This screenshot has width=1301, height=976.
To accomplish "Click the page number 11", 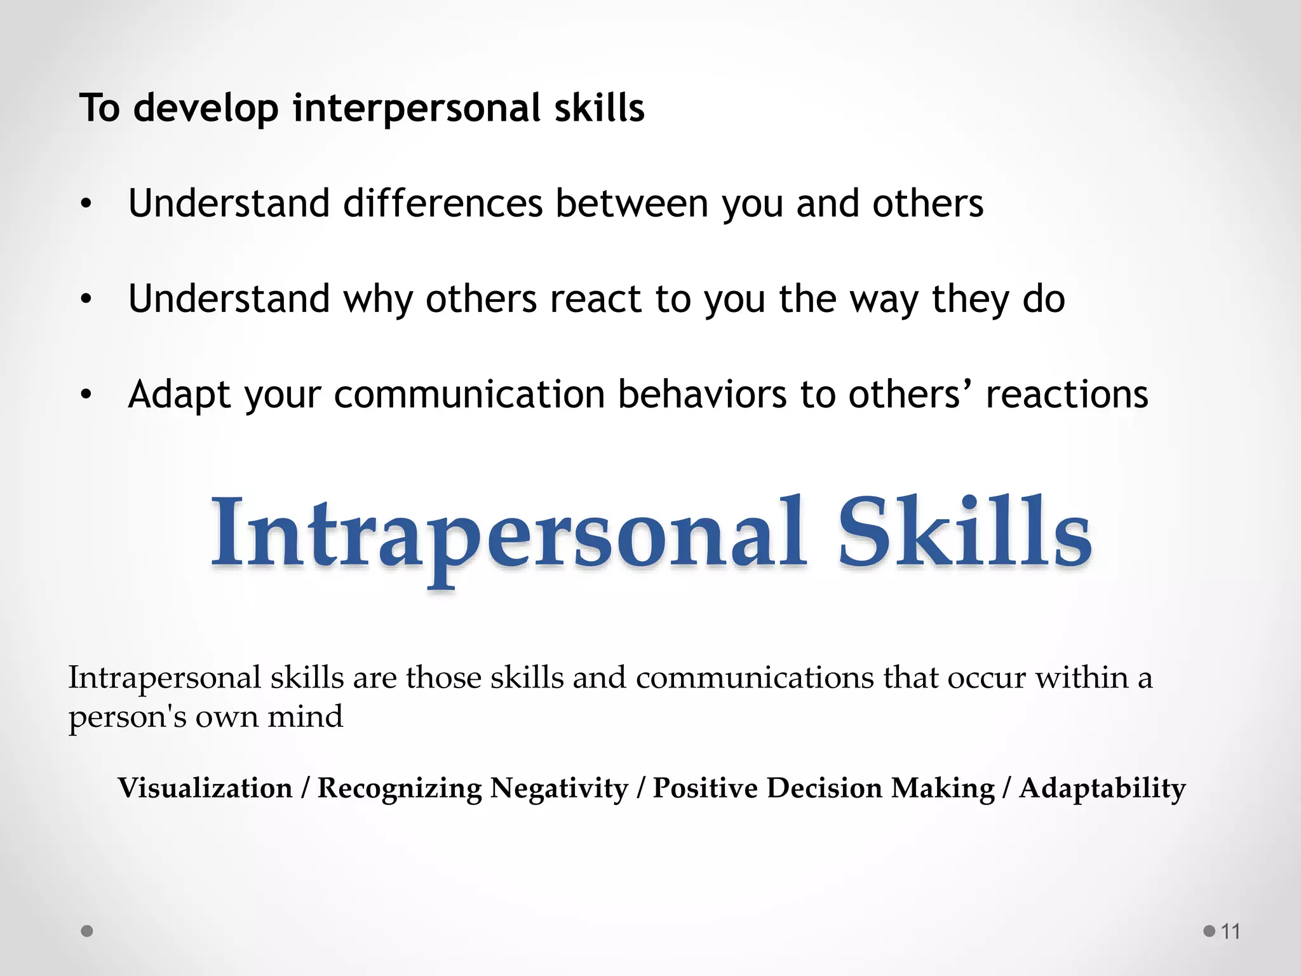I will [x=1230, y=932].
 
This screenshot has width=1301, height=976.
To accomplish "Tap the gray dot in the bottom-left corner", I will [x=88, y=931].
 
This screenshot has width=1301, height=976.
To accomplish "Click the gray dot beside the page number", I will [x=1209, y=932].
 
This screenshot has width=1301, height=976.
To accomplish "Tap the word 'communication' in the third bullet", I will [x=469, y=395].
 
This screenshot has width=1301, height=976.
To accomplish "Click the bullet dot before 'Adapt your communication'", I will [x=86, y=395].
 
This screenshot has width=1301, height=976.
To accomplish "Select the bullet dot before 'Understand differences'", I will [x=86, y=204].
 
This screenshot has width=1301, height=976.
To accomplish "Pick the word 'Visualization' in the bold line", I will [x=205, y=788].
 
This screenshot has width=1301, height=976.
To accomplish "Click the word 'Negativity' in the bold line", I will [x=559, y=788].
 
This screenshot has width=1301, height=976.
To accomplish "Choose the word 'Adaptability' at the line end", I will [x=1102, y=788].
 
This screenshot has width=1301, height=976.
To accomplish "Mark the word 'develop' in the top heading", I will [x=206, y=108].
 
